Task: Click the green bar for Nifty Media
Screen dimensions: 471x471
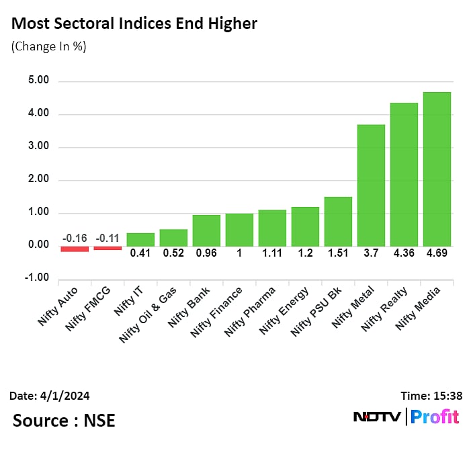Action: tap(437, 169)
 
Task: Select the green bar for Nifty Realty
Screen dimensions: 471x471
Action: tap(404, 174)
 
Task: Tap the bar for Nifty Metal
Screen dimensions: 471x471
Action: tap(371, 185)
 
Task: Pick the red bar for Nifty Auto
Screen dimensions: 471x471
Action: tap(75, 249)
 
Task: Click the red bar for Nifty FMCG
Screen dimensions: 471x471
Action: tap(108, 248)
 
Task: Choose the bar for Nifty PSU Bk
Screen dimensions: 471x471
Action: tap(338, 221)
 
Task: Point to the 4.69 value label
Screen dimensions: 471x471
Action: tap(437, 254)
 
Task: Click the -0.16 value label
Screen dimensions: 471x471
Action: tap(75, 238)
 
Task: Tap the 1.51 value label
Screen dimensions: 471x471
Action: tap(338, 254)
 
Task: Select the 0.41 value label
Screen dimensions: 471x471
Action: tap(140, 254)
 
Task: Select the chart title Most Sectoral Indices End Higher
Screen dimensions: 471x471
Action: tap(134, 24)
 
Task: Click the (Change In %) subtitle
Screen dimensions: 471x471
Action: tap(48, 47)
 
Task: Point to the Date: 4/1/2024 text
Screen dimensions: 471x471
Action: tap(50, 396)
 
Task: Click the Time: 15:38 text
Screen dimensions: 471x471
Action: tap(429, 396)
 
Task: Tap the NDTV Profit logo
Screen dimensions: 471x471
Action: tap(406, 417)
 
